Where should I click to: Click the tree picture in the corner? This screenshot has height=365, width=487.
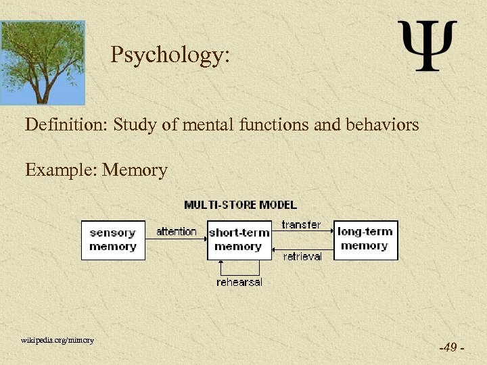(x=43, y=62)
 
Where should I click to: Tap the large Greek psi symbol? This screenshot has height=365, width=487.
(x=427, y=46)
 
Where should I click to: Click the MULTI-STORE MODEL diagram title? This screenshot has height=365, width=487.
(x=241, y=205)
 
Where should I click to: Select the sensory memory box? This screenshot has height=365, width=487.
(x=113, y=240)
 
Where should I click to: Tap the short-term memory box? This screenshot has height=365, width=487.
(x=238, y=240)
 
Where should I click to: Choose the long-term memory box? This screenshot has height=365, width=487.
(x=365, y=240)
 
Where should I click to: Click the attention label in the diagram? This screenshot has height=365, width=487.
(x=176, y=232)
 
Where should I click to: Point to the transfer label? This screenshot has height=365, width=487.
(x=301, y=224)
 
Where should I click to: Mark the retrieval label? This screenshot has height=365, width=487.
(x=302, y=257)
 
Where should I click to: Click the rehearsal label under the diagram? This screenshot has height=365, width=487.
(x=239, y=282)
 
